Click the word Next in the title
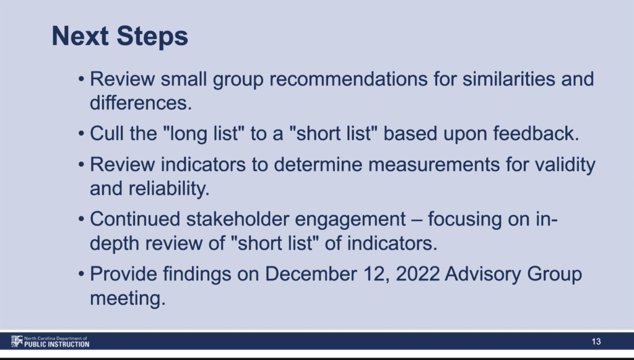click(80, 36)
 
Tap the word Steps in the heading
click(152, 37)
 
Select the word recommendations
click(349, 79)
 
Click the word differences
click(141, 103)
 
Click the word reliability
click(169, 189)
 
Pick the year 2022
click(418, 274)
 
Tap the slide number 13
click(596, 342)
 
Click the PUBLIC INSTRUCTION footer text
click(56, 345)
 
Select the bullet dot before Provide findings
click(82, 274)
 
